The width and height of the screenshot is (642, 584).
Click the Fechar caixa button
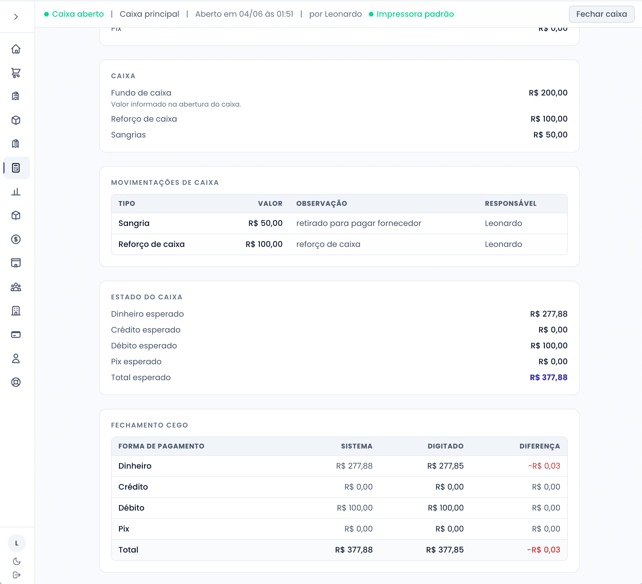click(x=601, y=14)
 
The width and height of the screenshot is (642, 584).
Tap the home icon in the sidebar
click(x=16, y=49)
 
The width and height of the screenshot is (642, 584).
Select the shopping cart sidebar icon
click(x=16, y=73)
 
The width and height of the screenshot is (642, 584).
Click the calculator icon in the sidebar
click(x=16, y=168)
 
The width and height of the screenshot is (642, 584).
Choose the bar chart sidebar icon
click(x=16, y=192)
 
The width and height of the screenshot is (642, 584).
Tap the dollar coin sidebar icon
click(x=16, y=239)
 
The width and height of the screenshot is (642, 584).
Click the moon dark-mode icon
click(x=16, y=561)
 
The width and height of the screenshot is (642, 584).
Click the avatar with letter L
click(x=16, y=543)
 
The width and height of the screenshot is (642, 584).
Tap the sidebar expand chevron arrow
click(x=16, y=16)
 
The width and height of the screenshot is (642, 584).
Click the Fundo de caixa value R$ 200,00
click(x=548, y=93)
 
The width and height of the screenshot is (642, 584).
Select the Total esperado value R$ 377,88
click(x=549, y=378)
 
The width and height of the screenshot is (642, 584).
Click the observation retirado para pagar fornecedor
click(x=359, y=223)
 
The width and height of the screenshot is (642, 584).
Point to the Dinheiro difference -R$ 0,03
click(x=544, y=466)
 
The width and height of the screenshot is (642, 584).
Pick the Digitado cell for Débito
click(x=445, y=508)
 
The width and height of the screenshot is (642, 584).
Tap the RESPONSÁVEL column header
click(x=511, y=204)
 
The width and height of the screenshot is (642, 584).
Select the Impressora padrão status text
click(x=415, y=14)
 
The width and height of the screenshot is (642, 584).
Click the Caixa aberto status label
click(x=78, y=14)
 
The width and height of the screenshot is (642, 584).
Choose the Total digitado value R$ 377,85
click(x=445, y=550)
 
